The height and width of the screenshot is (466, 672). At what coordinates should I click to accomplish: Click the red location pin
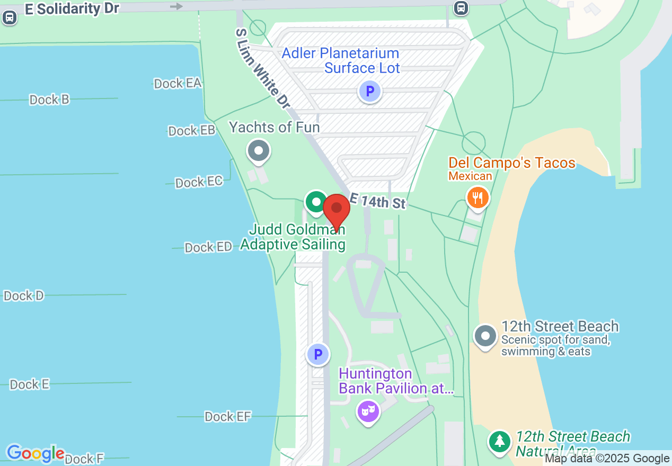click(337, 211)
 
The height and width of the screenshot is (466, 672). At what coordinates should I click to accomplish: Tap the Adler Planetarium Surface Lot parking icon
click(370, 92)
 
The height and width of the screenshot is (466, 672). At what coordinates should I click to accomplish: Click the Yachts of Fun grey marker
click(259, 151)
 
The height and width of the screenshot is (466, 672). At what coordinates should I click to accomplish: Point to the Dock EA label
click(178, 83)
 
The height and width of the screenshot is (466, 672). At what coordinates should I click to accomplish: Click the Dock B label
click(49, 100)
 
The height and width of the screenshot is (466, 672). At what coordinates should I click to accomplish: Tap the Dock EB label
click(191, 131)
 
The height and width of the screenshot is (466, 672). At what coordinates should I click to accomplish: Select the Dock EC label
click(199, 182)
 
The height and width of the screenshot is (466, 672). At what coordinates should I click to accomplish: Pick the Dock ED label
click(208, 247)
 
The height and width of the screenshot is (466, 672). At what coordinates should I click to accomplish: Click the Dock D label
click(24, 295)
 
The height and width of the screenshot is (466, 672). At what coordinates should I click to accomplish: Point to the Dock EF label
click(228, 417)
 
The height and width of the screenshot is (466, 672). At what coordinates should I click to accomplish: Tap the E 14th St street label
click(377, 201)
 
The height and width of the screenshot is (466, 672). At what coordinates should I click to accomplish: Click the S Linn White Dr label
click(263, 69)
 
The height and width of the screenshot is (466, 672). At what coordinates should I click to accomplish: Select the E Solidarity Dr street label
click(72, 9)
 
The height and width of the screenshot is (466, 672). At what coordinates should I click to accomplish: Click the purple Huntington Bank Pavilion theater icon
click(368, 410)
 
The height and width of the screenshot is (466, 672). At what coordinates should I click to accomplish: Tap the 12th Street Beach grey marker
click(485, 336)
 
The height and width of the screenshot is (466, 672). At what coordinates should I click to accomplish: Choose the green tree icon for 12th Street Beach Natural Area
click(499, 441)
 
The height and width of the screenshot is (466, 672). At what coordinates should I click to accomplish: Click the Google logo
click(36, 453)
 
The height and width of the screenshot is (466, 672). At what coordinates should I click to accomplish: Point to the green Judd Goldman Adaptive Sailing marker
click(316, 202)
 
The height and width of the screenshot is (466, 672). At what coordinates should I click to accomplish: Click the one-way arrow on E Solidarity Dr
click(176, 6)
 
